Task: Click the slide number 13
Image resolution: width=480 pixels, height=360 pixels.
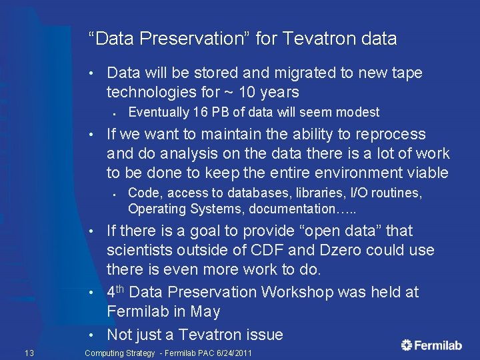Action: (29, 353)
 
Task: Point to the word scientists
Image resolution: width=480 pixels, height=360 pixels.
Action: (140, 251)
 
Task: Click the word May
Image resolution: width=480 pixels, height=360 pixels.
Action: (209, 311)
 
